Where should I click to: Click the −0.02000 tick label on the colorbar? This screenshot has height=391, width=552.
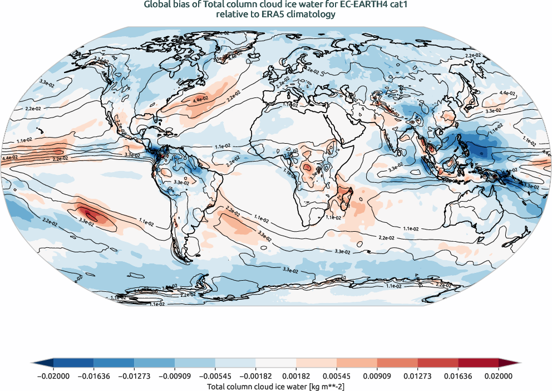point(53,376)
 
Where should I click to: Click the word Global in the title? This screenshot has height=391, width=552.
point(157,5)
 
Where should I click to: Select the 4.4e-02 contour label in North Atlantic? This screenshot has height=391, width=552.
point(200,100)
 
